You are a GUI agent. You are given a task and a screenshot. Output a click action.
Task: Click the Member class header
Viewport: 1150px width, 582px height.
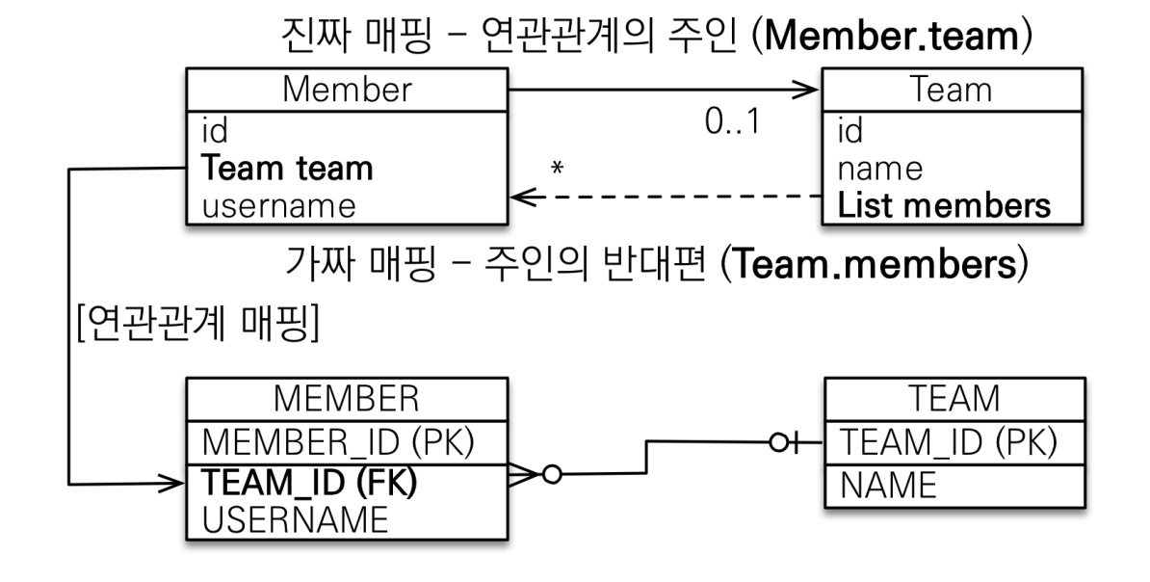point(347,90)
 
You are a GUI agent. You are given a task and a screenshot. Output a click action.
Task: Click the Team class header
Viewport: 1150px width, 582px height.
point(952,90)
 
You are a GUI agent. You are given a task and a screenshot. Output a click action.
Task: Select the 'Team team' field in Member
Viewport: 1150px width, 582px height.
point(287,168)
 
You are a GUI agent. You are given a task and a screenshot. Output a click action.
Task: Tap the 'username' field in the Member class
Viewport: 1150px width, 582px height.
point(278,206)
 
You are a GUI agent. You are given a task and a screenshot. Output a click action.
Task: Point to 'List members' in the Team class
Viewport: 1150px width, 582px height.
point(944,205)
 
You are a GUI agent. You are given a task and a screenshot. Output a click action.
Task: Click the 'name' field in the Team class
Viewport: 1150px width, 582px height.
point(879,170)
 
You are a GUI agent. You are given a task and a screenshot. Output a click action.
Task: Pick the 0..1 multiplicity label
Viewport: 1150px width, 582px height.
point(733,121)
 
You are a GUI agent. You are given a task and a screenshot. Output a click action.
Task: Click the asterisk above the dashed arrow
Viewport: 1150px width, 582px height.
point(558,169)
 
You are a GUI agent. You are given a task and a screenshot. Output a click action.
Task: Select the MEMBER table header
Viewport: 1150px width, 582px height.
point(347,399)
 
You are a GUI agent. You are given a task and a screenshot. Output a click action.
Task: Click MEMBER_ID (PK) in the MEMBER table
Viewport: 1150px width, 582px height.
point(338,442)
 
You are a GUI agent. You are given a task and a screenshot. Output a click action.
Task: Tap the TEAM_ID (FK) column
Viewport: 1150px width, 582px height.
point(309,482)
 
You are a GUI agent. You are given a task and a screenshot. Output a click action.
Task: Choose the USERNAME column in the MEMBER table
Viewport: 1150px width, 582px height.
point(295,519)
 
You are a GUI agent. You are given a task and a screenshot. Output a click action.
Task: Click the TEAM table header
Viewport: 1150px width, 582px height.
point(954,399)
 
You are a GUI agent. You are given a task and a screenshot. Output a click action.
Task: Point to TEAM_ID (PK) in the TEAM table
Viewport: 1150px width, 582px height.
point(949,442)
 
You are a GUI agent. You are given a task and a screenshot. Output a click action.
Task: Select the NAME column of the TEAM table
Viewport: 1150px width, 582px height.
point(888,485)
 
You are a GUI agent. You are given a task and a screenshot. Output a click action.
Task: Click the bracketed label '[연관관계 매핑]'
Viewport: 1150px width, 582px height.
point(198,323)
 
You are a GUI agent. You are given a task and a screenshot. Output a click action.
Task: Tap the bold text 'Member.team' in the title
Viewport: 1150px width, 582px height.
point(892,37)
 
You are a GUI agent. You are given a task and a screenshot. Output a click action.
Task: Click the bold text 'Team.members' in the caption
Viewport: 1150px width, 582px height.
point(874,264)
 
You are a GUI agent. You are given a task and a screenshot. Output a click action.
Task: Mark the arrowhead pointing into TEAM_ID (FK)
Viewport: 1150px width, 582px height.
point(171,483)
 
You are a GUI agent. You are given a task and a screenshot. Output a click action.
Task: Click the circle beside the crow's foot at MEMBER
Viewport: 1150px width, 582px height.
point(552,475)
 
